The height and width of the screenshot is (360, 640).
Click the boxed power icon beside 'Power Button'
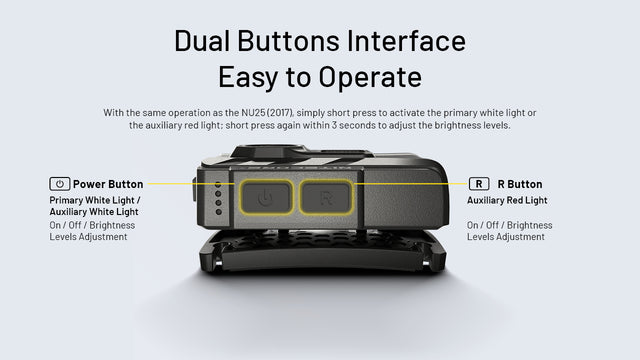(59, 184)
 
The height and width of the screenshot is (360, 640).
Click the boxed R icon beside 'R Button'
(480, 184)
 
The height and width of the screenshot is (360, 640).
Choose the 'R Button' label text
(520, 184)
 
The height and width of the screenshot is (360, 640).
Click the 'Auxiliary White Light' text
(95, 211)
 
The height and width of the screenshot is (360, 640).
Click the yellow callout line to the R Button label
(410, 185)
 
